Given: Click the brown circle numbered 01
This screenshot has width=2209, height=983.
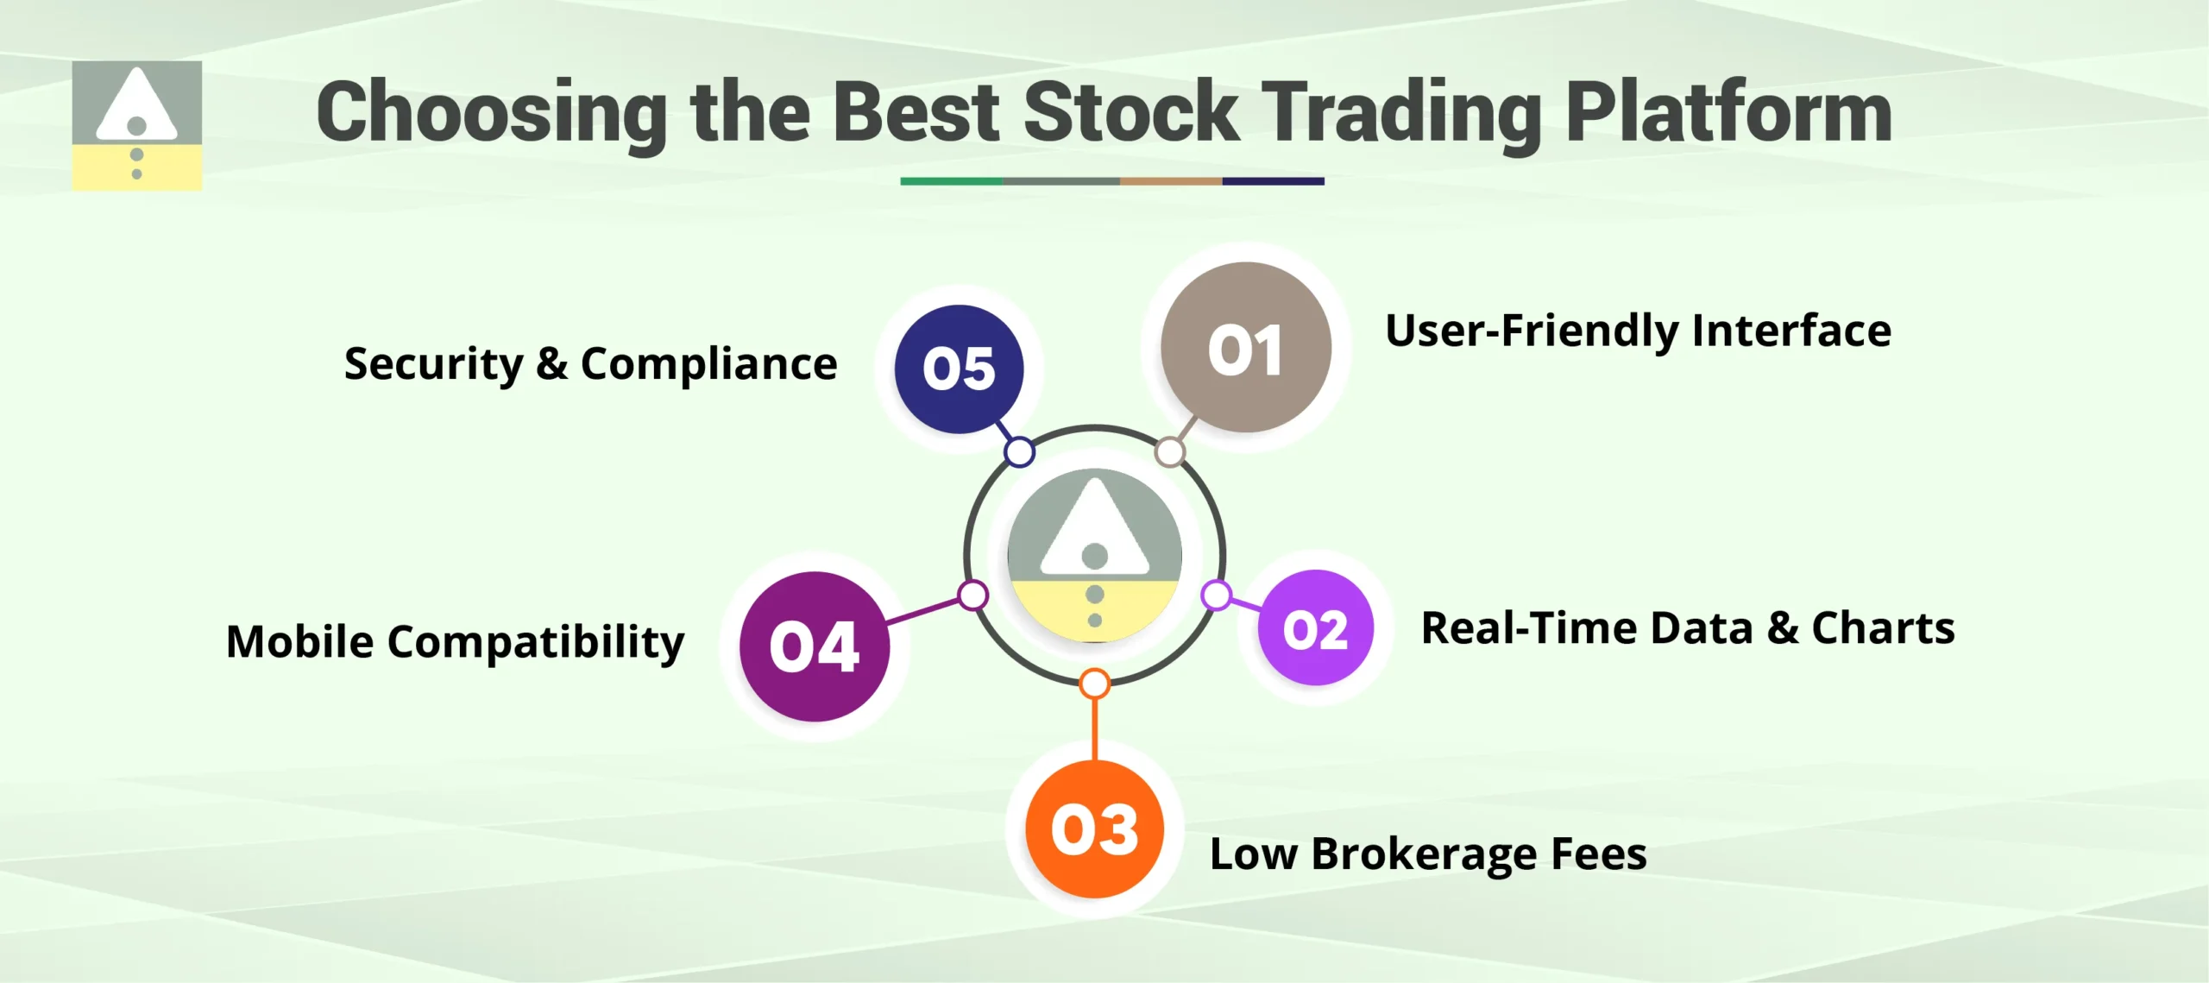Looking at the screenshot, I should click(x=1245, y=348).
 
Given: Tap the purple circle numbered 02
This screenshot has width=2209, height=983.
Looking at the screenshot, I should click(x=1315, y=628).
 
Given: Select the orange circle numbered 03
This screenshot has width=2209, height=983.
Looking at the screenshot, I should click(x=1094, y=829).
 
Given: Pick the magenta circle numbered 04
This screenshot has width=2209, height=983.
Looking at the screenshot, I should click(x=814, y=646).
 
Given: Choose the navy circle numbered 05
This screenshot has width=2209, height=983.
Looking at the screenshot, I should click(x=959, y=369).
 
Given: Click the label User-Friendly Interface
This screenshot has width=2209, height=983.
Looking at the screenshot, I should click(x=1637, y=331).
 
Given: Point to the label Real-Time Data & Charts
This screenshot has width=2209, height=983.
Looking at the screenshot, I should click(x=1687, y=628).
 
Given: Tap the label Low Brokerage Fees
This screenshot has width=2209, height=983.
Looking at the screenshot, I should click(x=1428, y=854).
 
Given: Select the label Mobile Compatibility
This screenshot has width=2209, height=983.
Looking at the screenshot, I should click(x=455, y=642).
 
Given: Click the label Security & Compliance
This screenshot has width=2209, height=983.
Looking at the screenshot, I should click(x=590, y=364).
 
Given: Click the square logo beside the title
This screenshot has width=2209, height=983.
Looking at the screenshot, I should click(x=136, y=125).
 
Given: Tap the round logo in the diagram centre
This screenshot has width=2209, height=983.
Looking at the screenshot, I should click(x=1094, y=556).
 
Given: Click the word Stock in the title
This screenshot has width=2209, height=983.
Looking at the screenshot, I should click(x=1130, y=112).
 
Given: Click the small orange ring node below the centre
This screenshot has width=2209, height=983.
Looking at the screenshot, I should click(x=1094, y=684).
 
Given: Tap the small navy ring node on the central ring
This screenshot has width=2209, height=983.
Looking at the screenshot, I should click(x=1019, y=451).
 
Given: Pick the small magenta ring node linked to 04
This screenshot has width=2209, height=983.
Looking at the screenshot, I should click(x=973, y=595).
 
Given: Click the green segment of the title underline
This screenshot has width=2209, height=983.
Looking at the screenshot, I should click(x=951, y=181).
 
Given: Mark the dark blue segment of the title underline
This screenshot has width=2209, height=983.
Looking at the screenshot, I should click(x=1273, y=181).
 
